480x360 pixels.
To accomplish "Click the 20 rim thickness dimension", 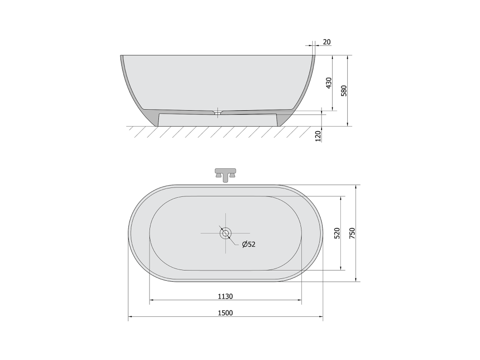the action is pos(327,42).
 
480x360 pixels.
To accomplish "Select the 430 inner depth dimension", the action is pos(329,83).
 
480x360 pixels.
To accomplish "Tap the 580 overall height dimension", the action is pos(344,91).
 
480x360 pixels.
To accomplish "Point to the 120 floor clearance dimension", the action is pos(318,136).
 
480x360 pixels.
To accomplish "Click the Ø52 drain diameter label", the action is pos(248,244).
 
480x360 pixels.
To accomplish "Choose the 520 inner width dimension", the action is pos(337,233).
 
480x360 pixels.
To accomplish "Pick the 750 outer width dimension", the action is pos(352,233).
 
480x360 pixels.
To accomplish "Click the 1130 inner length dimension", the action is pos(225,296).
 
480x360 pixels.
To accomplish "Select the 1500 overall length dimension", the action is pos(225,313).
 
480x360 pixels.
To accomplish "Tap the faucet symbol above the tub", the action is pos(225,175).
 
